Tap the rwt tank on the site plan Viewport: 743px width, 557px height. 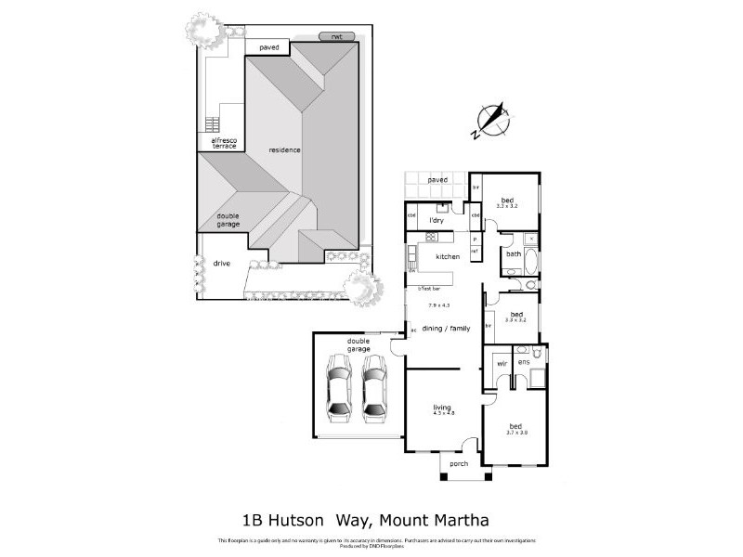[330, 37]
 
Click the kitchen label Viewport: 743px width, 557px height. [449, 256]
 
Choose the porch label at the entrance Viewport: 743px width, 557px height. [459, 464]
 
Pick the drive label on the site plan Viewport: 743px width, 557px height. [222, 264]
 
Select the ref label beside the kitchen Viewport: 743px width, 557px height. [475, 251]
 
